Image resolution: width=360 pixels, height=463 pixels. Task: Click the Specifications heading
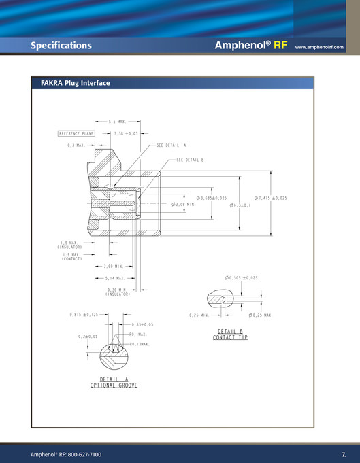point(61,46)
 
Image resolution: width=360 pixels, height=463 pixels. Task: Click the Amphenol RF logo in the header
point(252,46)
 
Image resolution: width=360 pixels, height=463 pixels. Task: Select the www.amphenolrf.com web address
point(319,48)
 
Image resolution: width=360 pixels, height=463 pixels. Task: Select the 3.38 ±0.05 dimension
point(126,134)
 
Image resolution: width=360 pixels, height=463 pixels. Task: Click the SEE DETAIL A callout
point(171,145)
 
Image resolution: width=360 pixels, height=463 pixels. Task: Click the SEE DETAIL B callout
point(190,160)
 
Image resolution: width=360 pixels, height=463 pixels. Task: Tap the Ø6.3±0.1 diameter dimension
point(240,205)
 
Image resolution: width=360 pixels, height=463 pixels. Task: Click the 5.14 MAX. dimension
point(114,278)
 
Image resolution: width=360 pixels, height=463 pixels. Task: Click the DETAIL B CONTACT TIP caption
point(230,334)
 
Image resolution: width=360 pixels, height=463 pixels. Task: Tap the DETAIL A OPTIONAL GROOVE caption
point(114,382)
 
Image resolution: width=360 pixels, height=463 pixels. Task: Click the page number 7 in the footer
point(344,453)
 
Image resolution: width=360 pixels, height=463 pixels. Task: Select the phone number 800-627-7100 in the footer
point(82,453)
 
